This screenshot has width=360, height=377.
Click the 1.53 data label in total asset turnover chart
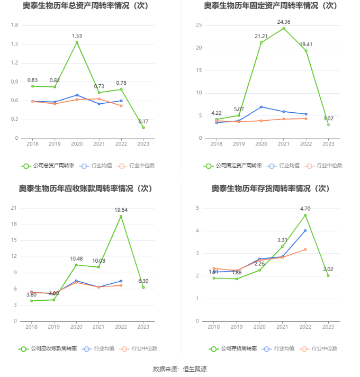pyautogui.click(x=77, y=35)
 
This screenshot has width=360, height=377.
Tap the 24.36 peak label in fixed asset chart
pyautogui.click(x=283, y=22)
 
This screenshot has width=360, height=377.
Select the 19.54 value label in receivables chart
pyautogui.click(x=121, y=210)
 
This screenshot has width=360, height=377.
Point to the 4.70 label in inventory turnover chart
pyautogui.click(x=305, y=209)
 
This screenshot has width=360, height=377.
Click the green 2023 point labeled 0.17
pyautogui.click(x=143, y=128)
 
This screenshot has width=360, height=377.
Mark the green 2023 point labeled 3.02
pyautogui.click(x=328, y=124)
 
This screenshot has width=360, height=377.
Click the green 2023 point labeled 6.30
pyautogui.click(x=143, y=288)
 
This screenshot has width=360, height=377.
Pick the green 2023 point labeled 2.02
pyautogui.click(x=328, y=275)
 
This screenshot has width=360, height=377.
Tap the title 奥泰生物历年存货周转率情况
pyautogui.click(x=271, y=188)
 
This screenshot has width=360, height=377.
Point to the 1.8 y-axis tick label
pyautogui.click(x=15, y=25)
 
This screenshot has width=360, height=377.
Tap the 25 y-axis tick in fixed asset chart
pyautogui.click(x=199, y=25)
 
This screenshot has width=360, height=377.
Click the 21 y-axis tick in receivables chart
pyautogui.click(x=15, y=208)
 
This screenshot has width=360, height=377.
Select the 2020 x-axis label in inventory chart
pyautogui.click(x=259, y=327)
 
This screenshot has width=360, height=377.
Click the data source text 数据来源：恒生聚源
pyautogui.click(x=179, y=369)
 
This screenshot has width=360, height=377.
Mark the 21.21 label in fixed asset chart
pyautogui.click(x=260, y=36)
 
